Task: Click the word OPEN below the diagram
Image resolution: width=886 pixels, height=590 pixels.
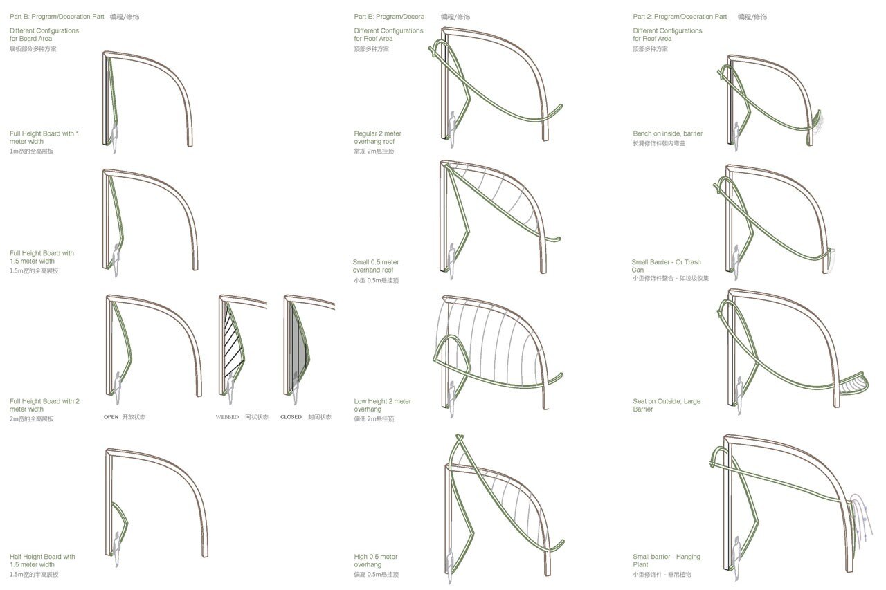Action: [111, 417]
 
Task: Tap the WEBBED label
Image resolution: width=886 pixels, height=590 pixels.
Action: [227, 417]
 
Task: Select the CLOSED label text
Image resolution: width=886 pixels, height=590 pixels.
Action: [291, 417]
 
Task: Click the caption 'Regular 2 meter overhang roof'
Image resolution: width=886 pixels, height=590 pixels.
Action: [377, 138]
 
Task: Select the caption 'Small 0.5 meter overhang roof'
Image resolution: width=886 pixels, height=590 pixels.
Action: [376, 266]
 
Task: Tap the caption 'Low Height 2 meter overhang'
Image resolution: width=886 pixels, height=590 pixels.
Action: [382, 405]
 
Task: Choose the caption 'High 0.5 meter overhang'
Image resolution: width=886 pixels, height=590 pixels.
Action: [375, 561]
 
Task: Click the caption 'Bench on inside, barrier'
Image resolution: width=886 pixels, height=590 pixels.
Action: [667, 133]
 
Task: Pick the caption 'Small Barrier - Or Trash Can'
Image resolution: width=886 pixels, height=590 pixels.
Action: [666, 266]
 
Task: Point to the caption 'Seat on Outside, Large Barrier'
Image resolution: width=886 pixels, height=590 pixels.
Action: [666, 405]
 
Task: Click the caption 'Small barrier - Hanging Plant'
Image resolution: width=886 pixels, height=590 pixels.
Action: [666, 561]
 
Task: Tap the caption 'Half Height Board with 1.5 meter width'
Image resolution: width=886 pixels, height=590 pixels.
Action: [42, 561]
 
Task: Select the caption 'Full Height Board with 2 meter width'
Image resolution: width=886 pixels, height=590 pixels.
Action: [44, 405]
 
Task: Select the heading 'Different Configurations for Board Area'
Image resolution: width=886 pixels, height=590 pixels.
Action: [44, 35]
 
